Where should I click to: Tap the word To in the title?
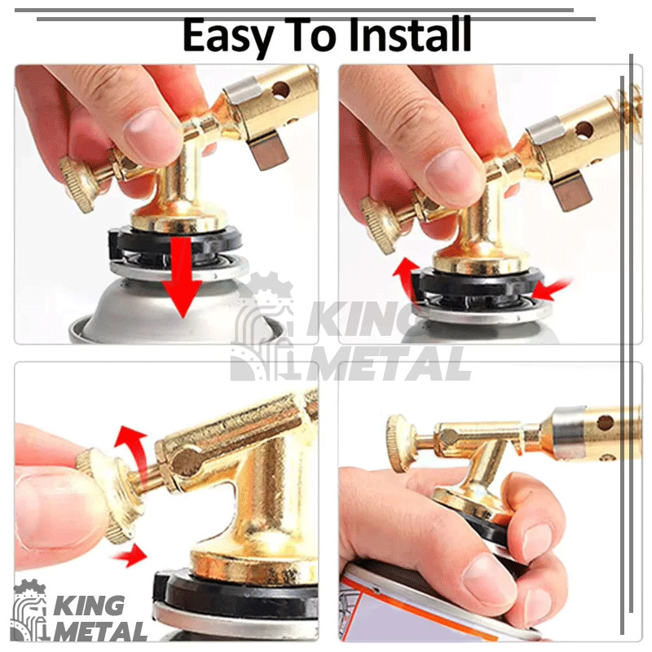(x=311, y=35)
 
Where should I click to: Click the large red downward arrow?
(x=182, y=277)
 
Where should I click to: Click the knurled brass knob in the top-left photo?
(x=78, y=185)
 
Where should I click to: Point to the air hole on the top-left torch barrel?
(x=280, y=90)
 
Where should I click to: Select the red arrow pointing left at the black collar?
(x=551, y=290)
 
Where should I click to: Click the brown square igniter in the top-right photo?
(x=573, y=192)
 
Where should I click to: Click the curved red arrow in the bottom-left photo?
(x=132, y=452)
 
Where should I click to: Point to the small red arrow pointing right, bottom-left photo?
(x=130, y=555)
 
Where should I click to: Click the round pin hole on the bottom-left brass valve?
(x=186, y=461)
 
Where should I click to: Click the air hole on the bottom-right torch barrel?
(x=605, y=423)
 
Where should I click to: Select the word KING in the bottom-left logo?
(x=89, y=606)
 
